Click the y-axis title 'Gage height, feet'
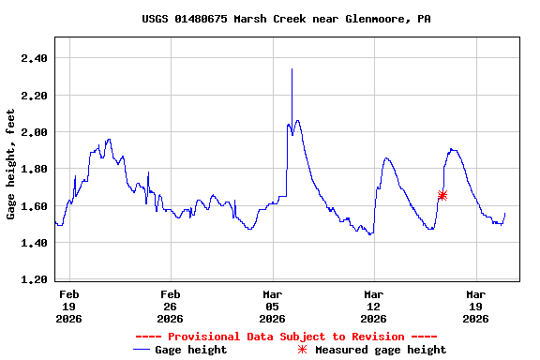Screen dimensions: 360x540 click(x=10, y=164)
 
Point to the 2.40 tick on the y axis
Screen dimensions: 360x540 click(x=34, y=58)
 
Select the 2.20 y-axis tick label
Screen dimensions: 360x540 click(x=34, y=95)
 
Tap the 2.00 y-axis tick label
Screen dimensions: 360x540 click(x=34, y=132)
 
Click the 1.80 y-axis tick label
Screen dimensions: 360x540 click(x=34, y=169)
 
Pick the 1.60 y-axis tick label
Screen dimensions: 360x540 click(x=34, y=206)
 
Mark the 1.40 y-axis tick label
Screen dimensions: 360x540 click(x=34, y=243)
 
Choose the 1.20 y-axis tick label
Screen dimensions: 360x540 click(x=34, y=279)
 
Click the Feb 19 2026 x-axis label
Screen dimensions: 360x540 click(x=69, y=306)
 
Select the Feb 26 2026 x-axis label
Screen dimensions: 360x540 click(x=171, y=306)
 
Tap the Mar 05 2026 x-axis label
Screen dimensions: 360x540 click(x=272, y=306)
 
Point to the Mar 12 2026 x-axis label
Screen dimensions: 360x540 click(x=374, y=306)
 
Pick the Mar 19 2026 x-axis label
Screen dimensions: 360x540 click(x=475, y=306)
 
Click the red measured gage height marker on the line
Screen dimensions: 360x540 click(x=442, y=195)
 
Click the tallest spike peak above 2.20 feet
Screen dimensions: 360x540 click(x=292, y=69)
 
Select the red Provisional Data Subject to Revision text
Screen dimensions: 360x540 click(x=286, y=337)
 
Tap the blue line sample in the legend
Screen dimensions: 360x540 click(x=142, y=350)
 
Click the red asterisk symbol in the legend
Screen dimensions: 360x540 click(x=302, y=350)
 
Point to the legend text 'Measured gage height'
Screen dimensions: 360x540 click(x=381, y=350)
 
